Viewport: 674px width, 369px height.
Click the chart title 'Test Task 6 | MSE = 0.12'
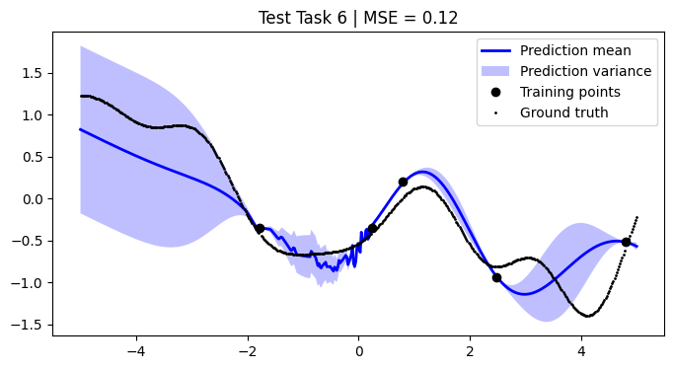(x=358, y=18)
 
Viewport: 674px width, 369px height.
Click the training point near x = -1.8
(x=260, y=228)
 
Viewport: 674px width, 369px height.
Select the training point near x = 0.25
(x=372, y=228)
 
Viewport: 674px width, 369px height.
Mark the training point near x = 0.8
(x=403, y=182)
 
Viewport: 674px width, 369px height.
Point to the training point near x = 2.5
(x=496, y=277)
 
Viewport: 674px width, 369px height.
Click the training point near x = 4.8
(x=626, y=242)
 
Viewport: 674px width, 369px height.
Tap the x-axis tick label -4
(x=136, y=350)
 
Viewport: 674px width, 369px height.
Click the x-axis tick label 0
(x=358, y=350)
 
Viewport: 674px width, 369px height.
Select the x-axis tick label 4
(x=581, y=350)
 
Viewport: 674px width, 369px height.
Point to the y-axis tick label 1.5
(x=31, y=73)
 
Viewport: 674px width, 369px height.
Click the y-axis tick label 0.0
(x=31, y=199)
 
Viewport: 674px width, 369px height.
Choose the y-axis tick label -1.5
(x=27, y=326)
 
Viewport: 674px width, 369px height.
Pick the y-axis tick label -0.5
(x=27, y=242)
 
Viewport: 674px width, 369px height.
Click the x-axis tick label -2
(x=247, y=350)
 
